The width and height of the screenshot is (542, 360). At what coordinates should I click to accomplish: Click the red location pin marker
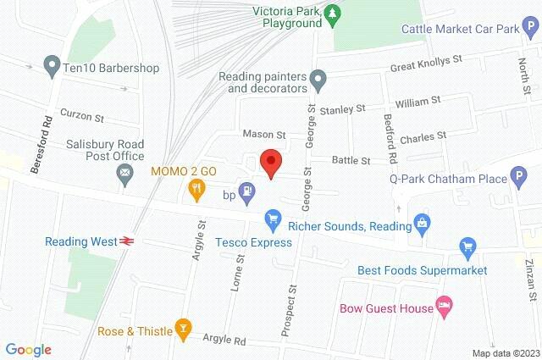270,162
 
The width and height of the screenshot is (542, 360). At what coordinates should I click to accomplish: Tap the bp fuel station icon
246,192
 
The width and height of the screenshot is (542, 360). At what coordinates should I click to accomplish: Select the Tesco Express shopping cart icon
272,220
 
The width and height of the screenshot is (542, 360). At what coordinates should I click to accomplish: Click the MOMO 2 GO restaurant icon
196,190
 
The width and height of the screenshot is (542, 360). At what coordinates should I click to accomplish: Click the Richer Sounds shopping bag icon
422,224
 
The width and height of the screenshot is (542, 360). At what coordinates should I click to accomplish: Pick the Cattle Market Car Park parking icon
532,29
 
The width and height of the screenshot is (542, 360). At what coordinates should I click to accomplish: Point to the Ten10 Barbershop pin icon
50,65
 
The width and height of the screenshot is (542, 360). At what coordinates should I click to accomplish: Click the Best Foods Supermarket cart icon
466,248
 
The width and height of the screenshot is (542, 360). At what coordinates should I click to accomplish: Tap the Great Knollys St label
423,64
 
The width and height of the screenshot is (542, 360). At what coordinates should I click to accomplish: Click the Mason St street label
264,134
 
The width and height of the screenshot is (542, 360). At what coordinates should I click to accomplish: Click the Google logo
28,350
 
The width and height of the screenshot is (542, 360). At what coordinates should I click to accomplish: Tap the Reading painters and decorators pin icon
318,82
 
